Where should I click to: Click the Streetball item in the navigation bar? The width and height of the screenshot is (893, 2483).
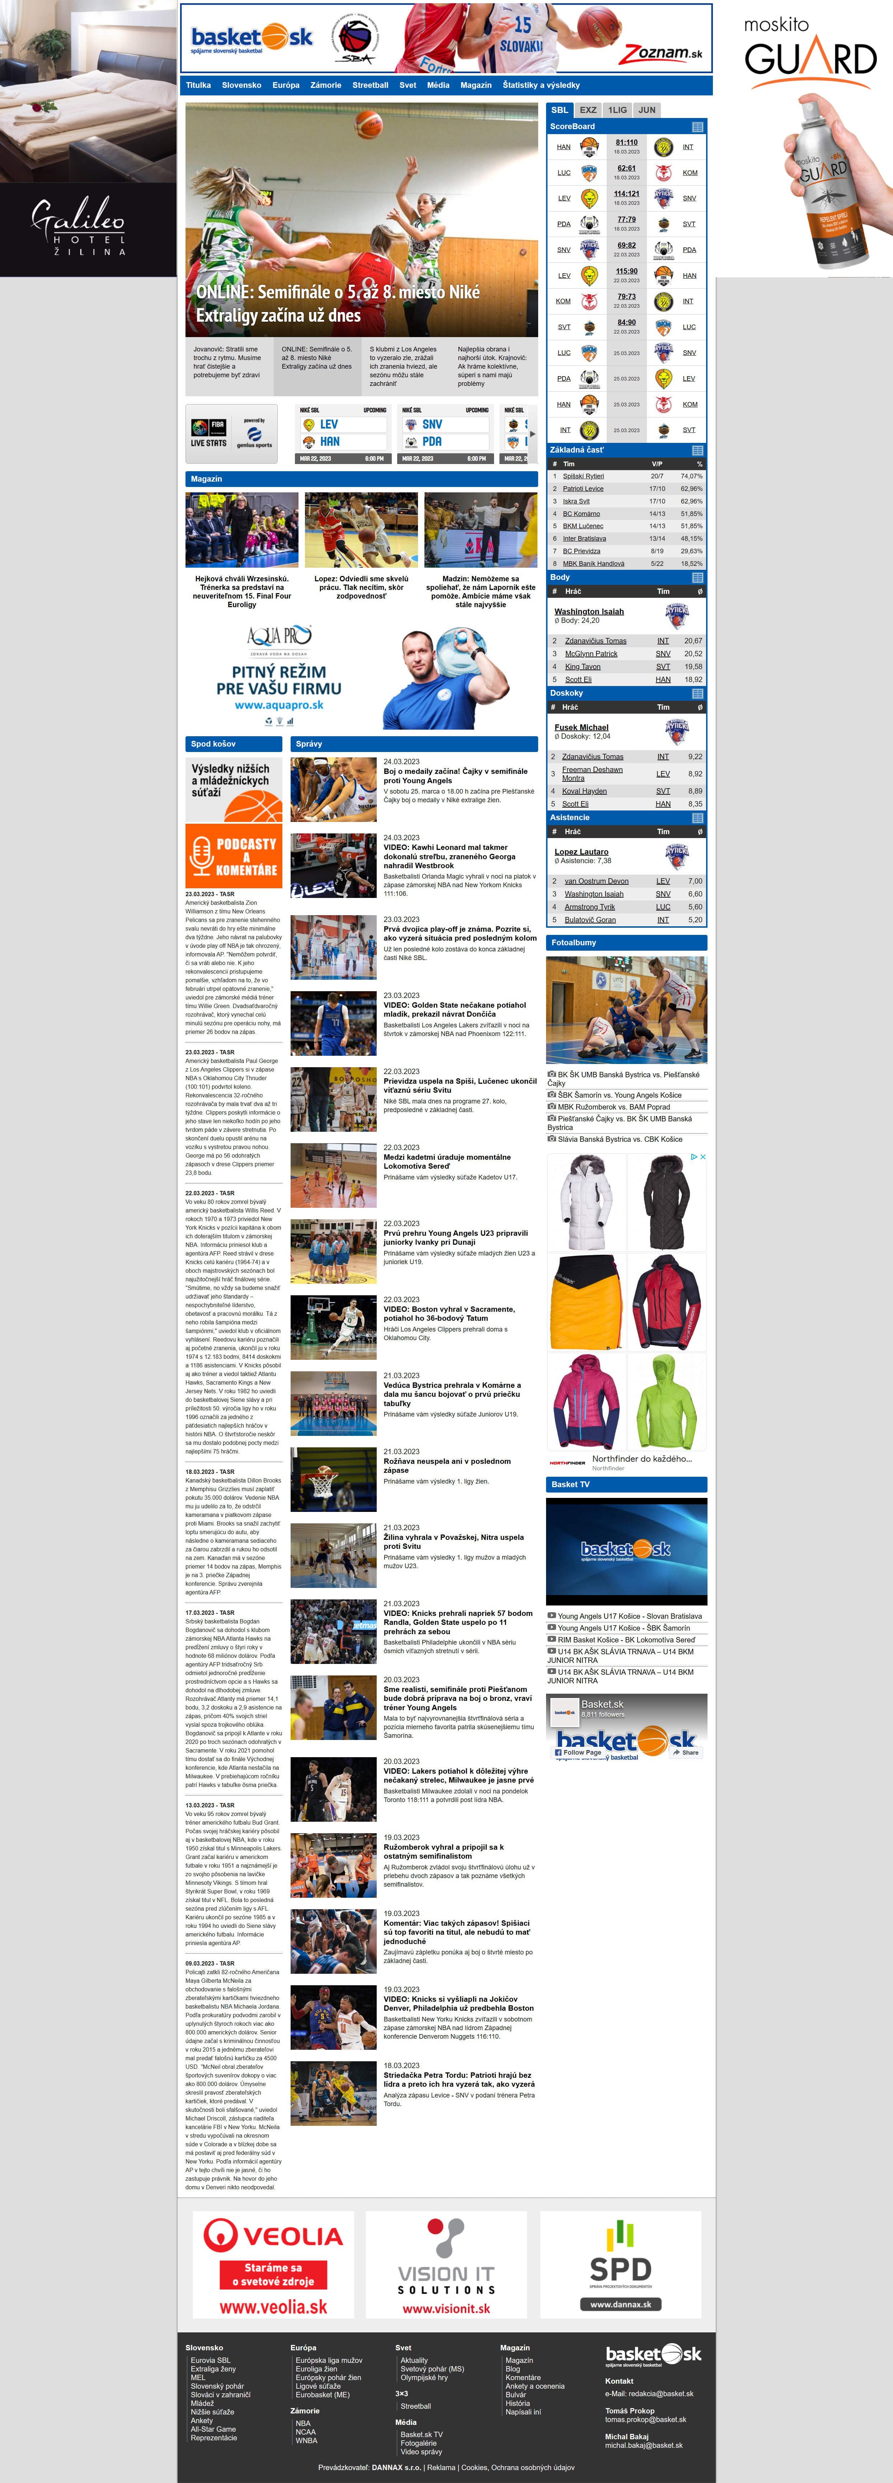[370, 85]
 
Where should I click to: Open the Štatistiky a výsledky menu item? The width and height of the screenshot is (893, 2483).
[541, 85]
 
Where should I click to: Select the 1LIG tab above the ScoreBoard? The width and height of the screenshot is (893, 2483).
[617, 110]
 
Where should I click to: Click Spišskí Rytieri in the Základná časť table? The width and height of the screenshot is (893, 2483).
[583, 476]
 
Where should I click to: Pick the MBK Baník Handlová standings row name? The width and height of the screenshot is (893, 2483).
[593, 564]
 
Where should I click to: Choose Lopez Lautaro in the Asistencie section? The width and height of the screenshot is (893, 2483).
[582, 852]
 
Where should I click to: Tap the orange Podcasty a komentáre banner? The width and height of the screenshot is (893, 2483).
[234, 856]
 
